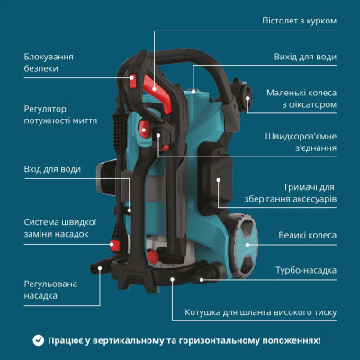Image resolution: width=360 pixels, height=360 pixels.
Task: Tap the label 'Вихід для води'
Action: [305, 57]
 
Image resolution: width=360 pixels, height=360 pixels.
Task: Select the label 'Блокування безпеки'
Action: [49, 63]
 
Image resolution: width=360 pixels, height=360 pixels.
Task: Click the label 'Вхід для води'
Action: [51, 168]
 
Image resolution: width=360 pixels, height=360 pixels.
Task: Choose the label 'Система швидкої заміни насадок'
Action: [59, 229]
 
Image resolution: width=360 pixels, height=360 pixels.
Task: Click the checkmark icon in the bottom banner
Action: [38, 340]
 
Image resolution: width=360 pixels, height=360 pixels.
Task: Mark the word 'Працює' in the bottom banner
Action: [68, 340]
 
